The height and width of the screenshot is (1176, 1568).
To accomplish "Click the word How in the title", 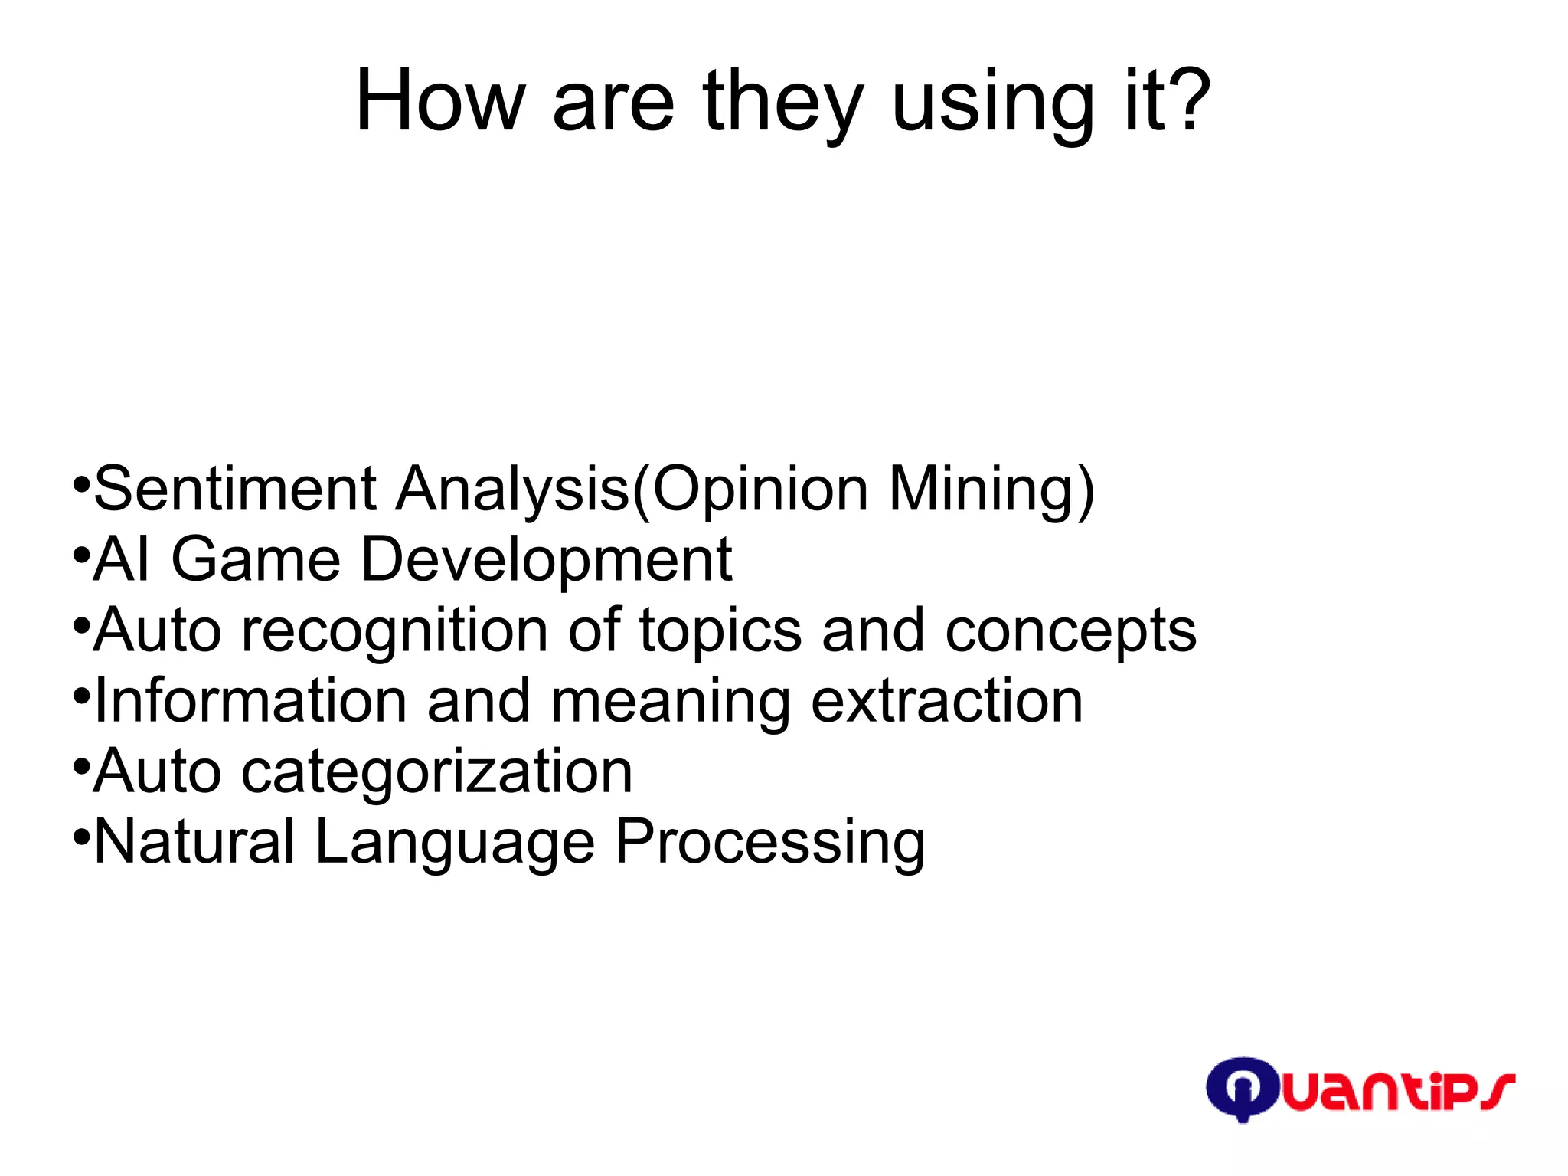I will point(440,101).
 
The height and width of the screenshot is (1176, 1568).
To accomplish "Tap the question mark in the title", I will point(1187,100).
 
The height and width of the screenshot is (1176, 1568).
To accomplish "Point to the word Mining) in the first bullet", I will point(992,490).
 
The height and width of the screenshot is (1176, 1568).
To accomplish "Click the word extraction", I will point(947,700).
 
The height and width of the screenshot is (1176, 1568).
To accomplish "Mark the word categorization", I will point(437,772).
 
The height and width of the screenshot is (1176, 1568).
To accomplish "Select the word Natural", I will point(194,841).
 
